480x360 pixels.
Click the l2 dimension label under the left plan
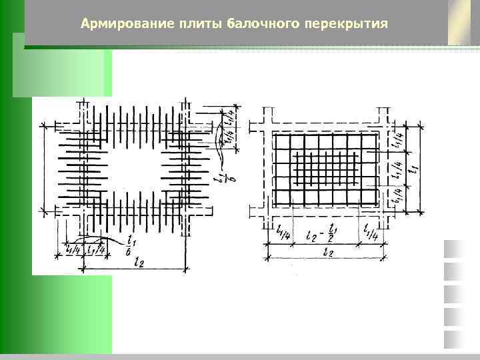[x=139, y=262]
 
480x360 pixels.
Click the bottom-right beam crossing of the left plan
[x=185, y=211]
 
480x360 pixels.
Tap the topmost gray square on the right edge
[x=453, y=248]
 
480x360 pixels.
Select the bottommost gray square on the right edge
[x=453, y=339]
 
